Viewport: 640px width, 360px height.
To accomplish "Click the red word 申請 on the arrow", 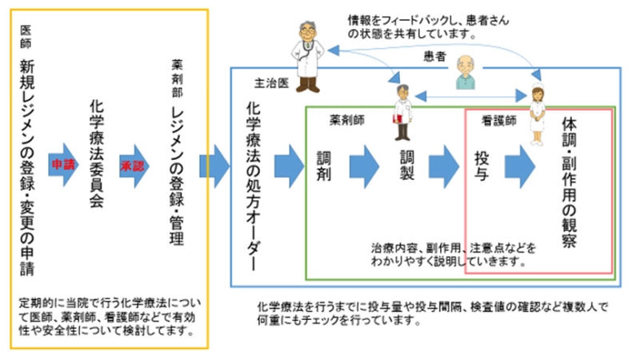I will [61, 162].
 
